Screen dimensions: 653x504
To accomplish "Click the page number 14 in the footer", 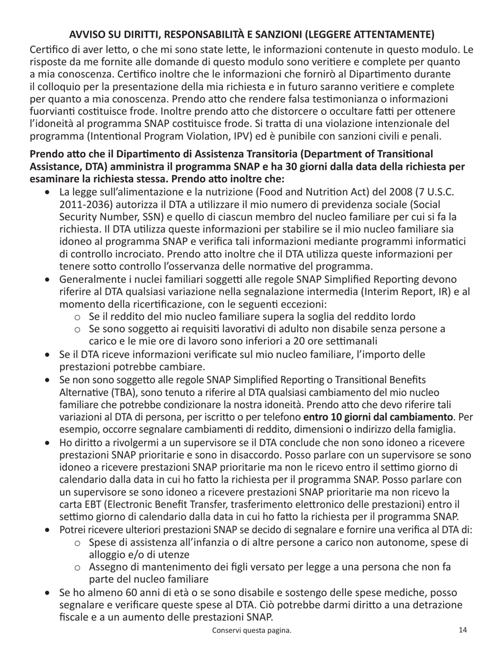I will pos(463,630).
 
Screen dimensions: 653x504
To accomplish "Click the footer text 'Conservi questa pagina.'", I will pos(252,631).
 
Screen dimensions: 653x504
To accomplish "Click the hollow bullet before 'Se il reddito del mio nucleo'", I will pos(77,317).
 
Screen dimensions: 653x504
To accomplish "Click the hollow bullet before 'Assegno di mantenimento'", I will pos(77,567).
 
